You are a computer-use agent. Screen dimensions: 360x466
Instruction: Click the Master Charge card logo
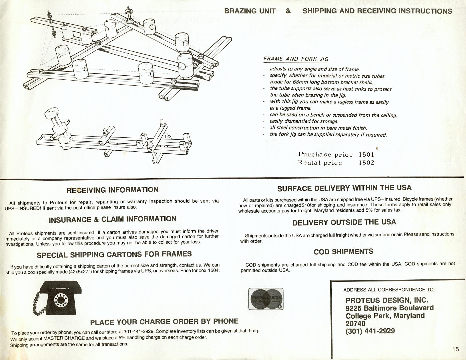[x=266, y=299]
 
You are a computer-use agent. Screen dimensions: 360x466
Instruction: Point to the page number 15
[x=455, y=349]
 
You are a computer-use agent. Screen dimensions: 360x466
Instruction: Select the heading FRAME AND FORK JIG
[x=296, y=59]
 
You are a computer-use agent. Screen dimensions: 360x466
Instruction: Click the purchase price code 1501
[x=367, y=155]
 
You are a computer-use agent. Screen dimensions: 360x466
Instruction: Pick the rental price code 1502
[x=367, y=163]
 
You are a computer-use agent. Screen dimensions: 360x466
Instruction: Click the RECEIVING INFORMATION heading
[x=112, y=190]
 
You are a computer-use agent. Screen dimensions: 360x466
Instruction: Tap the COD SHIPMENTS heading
[x=343, y=252]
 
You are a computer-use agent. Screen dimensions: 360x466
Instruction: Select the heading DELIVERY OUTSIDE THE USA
[x=344, y=223]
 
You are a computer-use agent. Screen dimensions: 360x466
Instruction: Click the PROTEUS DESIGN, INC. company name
[x=387, y=300]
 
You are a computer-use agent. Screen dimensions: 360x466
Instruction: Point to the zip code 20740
[x=355, y=323]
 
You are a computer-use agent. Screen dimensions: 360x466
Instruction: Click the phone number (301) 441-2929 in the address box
[x=370, y=331]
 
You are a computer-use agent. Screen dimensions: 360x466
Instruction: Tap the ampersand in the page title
[x=288, y=11]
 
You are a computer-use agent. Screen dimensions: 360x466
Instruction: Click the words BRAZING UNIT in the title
[x=250, y=11]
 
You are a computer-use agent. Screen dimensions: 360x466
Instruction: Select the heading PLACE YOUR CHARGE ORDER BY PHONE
[x=164, y=322]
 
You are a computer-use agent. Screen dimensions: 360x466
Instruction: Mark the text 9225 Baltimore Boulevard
[x=389, y=308]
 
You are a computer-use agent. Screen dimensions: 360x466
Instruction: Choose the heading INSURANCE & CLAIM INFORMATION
[x=113, y=219]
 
